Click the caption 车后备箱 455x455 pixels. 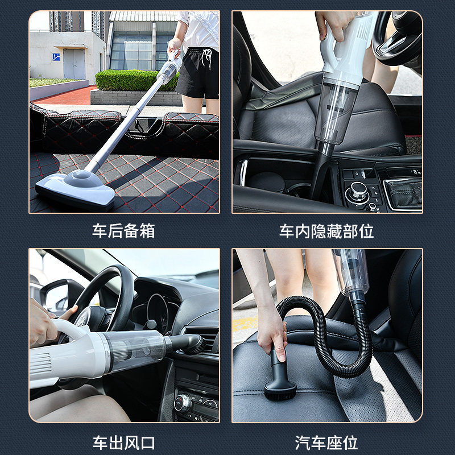[x=123, y=231]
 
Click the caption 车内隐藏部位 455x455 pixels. [x=326, y=231]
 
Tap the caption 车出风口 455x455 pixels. [x=123, y=442]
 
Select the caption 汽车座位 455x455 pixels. [x=326, y=442]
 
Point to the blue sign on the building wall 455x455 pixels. [x=56, y=57]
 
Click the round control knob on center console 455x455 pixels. [x=358, y=191]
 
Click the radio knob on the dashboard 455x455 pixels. [x=183, y=402]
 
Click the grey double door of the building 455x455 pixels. [x=74, y=64]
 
